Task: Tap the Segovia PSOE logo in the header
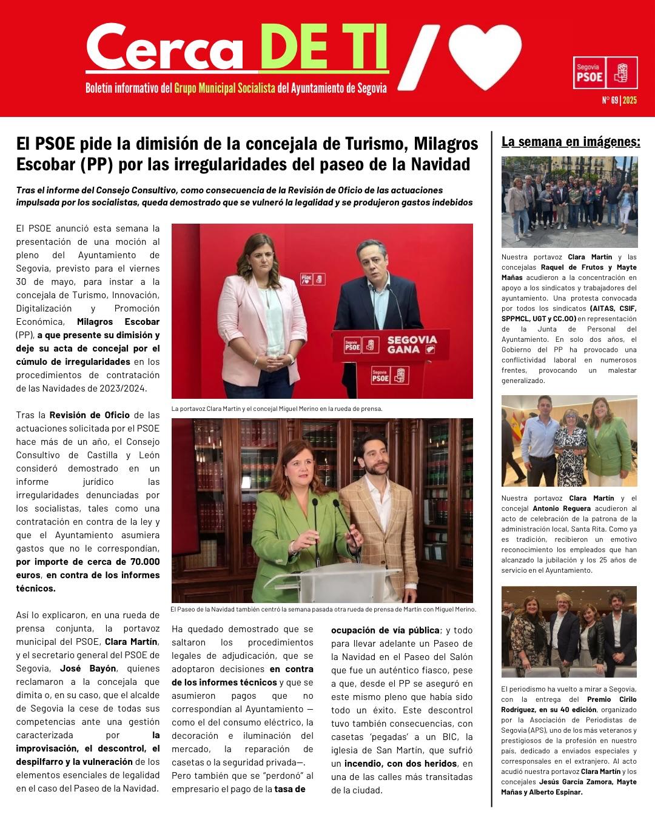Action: tap(605, 73)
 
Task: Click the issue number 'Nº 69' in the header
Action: tap(610, 100)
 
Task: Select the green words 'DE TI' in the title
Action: tap(323, 48)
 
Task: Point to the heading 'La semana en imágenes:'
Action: tap(571, 142)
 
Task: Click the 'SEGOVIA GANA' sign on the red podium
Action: tap(412, 344)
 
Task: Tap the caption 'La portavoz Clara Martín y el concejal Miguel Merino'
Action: tap(277, 408)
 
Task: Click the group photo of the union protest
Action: tap(569, 202)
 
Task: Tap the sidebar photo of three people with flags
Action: tap(569, 441)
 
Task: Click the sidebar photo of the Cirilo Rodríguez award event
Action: tap(569, 631)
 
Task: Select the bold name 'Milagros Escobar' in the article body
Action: tap(118, 322)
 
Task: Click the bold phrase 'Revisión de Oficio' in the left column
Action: tap(89, 415)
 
